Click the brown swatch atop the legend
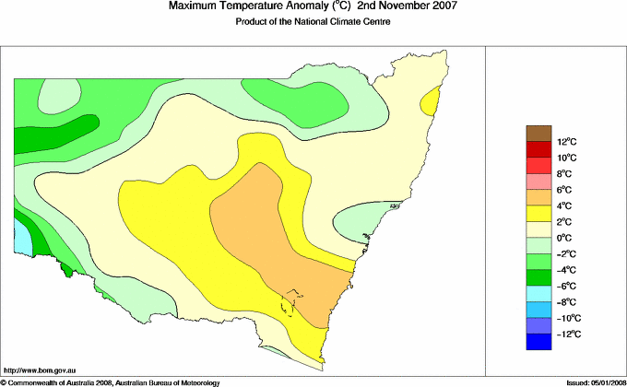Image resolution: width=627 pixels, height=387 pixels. [538, 133]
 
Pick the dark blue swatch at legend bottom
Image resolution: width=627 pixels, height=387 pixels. [538, 342]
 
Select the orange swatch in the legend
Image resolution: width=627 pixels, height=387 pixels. [538, 197]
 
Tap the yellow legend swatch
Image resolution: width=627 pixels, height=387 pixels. [538, 214]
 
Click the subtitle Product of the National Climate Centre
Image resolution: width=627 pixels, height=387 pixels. [313, 22]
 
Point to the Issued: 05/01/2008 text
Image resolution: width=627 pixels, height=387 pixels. [590, 381]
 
